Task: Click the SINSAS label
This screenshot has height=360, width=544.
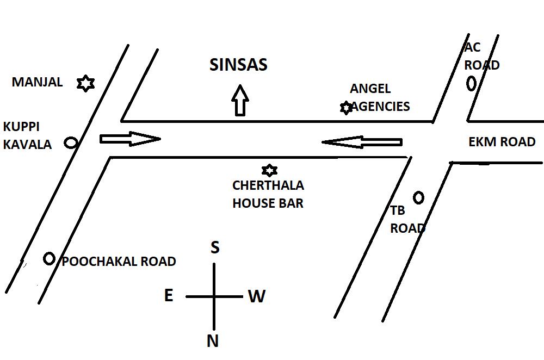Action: (238, 65)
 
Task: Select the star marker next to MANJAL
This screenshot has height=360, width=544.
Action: (85, 83)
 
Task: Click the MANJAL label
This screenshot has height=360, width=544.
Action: (37, 82)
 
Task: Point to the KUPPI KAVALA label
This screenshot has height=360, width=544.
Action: (27, 135)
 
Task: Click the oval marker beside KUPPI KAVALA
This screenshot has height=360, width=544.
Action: (71, 142)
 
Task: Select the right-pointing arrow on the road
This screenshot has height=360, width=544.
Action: (129, 139)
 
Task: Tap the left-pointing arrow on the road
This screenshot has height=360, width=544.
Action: (362, 142)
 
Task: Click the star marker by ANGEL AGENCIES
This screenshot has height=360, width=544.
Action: (346, 108)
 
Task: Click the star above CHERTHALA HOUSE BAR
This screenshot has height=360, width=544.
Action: (269, 170)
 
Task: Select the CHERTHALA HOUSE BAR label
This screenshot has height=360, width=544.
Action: (268, 194)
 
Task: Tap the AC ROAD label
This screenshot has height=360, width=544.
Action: (481, 56)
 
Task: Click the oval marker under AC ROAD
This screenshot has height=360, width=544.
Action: (471, 83)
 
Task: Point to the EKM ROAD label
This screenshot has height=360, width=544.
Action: (502, 142)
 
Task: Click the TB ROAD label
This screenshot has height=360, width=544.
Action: (407, 220)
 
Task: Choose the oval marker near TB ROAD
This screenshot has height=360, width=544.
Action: (418, 197)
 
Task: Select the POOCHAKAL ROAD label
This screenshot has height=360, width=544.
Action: (119, 262)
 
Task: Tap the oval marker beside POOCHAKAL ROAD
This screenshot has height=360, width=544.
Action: (49, 259)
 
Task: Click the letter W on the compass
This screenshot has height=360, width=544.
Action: (256, 296)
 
